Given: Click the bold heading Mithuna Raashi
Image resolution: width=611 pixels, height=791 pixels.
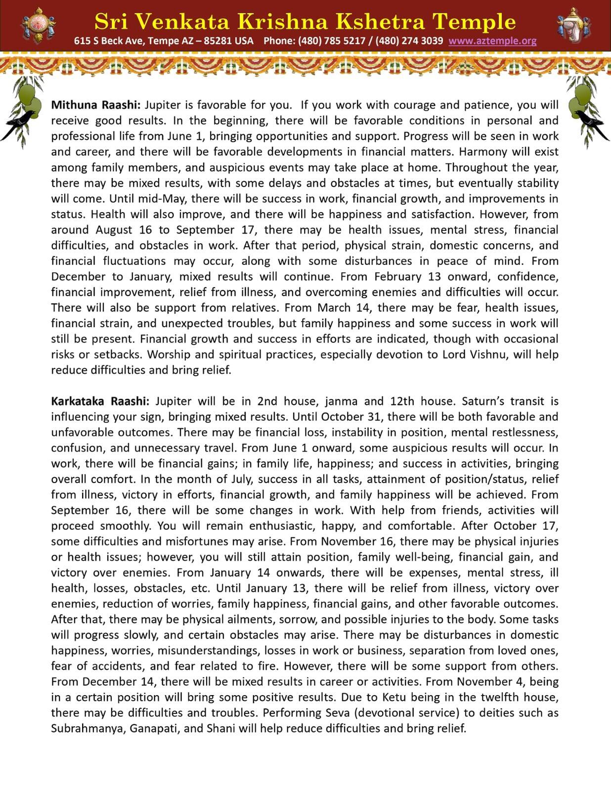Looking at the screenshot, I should tap(96, 105).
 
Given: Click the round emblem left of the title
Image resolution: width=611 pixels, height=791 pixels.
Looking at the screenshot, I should tap(38, 25).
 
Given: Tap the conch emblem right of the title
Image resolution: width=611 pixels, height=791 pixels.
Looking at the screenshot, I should tap(573, 25).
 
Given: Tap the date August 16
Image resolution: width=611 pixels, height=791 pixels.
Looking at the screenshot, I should tap(119, 230).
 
